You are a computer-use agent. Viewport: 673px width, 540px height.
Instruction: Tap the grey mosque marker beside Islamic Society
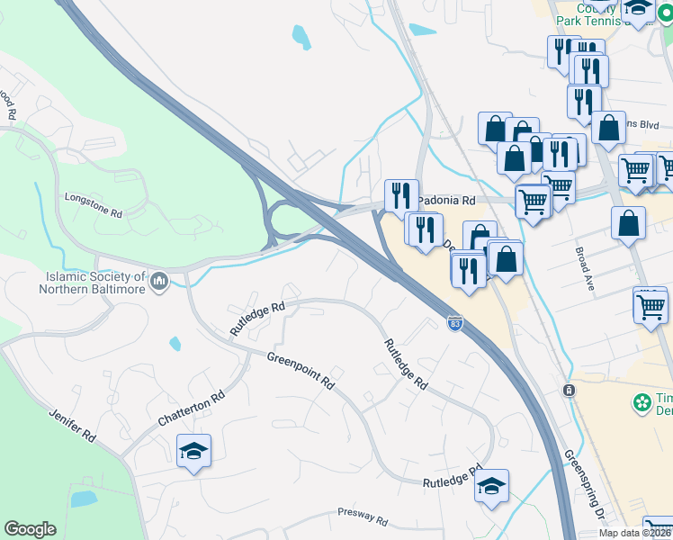tap(160, 282)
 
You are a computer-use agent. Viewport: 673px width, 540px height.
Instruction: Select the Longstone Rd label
tap(93, 204)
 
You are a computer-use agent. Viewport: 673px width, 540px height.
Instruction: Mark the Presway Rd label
tap(363, 517)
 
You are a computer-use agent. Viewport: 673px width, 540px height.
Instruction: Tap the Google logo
tap(30, 528)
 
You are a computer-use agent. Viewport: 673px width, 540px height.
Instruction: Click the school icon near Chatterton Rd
tap(193, 450)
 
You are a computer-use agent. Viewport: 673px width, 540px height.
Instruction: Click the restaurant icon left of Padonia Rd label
tap(401, 194)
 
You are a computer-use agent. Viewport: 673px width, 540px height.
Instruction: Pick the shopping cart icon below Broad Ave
tap(651, 306)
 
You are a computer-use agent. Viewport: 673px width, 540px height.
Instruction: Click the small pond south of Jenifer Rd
tap(83, 498)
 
